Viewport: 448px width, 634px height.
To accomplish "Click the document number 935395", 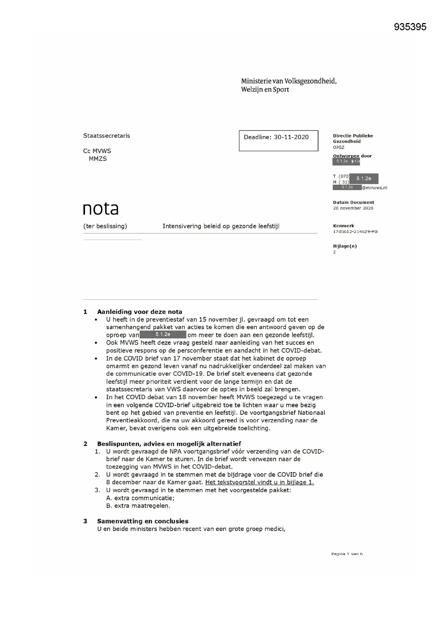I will [410, 27].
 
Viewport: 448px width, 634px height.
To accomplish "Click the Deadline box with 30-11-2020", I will [278, 140].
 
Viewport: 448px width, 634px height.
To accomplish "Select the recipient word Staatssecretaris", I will [106, 136].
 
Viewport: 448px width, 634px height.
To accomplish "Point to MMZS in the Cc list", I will [98, 159].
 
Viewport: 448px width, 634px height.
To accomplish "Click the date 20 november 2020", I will [353, 208].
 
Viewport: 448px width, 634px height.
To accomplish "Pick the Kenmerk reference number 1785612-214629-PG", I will [355, 232].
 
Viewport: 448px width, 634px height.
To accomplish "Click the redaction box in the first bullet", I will [163, 334].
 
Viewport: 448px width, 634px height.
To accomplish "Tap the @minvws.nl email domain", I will [374, 188].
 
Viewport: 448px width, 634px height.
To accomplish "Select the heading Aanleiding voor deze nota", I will [139, 312].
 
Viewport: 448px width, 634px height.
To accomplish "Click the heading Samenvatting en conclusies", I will [143, 521].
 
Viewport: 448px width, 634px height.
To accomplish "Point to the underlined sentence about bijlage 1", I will [259, 482].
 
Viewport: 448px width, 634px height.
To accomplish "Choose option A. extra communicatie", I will [140, 498].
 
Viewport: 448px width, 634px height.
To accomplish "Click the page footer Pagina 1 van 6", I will [347, 554].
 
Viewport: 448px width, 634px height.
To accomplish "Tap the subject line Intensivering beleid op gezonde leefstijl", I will [221, 226].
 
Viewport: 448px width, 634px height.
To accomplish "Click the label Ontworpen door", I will [352, 156].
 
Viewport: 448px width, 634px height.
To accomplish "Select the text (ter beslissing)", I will [105, 226].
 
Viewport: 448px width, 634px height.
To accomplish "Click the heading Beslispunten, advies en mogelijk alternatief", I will [169, 444].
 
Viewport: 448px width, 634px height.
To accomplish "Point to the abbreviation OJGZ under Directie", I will [339, 147].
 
